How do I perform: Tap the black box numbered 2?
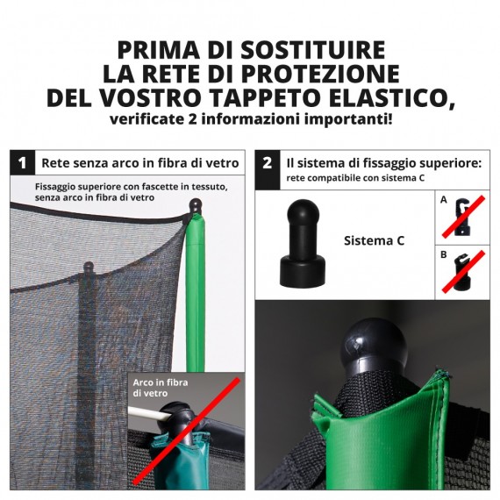[x=267, y=162]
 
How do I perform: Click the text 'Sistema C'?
[x=374, y=240]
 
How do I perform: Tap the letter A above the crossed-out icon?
[x=444, y=200]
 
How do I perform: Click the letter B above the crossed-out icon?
[x=444, y=255]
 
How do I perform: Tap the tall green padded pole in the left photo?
[x=195, y=289]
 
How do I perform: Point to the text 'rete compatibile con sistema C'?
[x=354, y=178]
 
